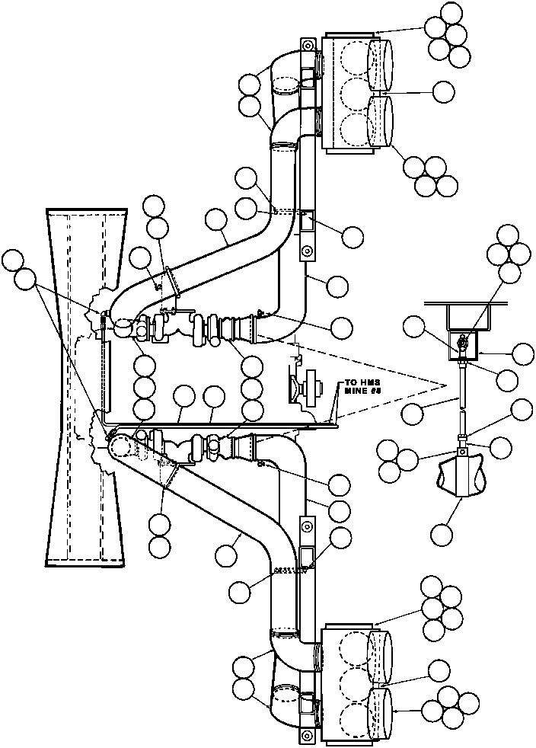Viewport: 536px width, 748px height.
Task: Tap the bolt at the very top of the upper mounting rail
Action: [x=308, y=43]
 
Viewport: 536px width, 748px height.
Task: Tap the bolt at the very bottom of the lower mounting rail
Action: [x=307, y=735]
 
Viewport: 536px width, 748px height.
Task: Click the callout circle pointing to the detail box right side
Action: [x=523, y=353]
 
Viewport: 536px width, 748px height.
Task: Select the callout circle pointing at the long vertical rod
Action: [x=412, y=414]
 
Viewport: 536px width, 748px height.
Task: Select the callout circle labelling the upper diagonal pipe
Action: [x=216, y=221]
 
